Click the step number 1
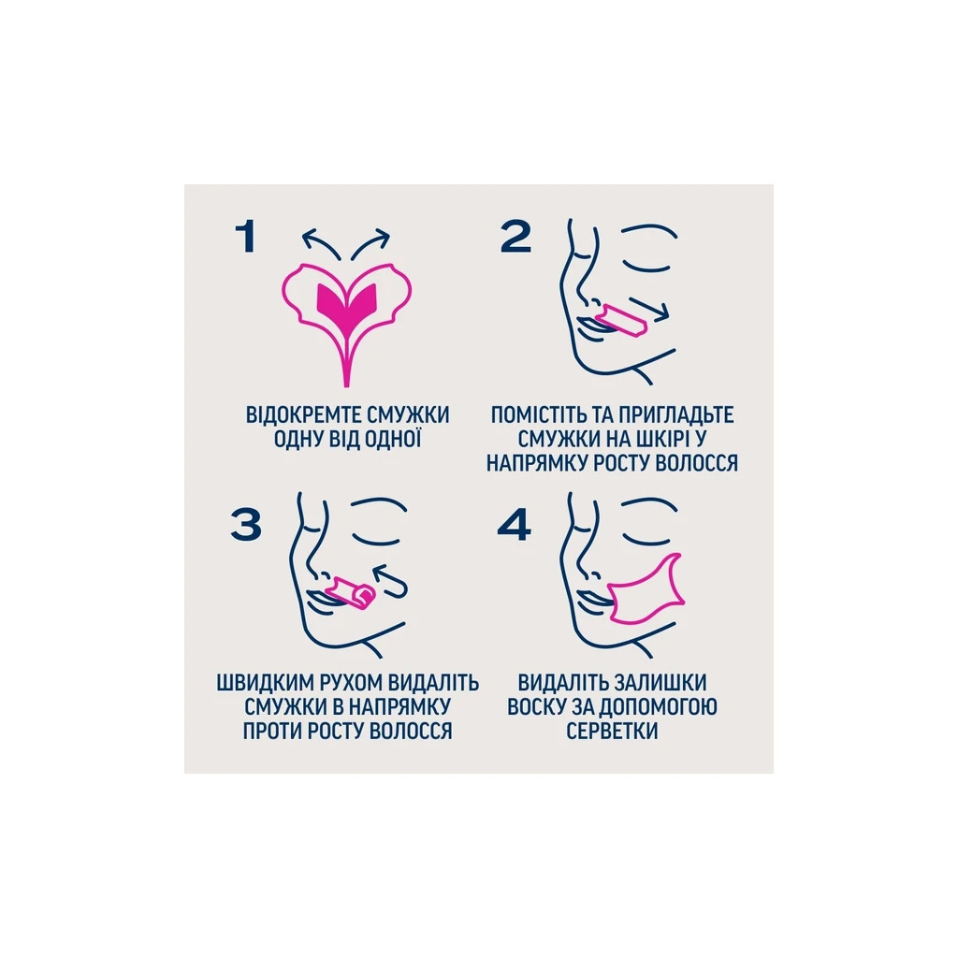click(246, 237)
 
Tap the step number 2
click(515, 237)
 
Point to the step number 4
click(514, 526)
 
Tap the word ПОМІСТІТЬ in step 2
click(540, 414)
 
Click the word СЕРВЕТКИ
click(612, 731)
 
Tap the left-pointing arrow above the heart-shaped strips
click(320, 243)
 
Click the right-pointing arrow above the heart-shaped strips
click(370, 243)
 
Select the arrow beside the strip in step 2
click(649, 310)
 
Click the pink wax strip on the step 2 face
click(622, 321)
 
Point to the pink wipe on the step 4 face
click(646, 591)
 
